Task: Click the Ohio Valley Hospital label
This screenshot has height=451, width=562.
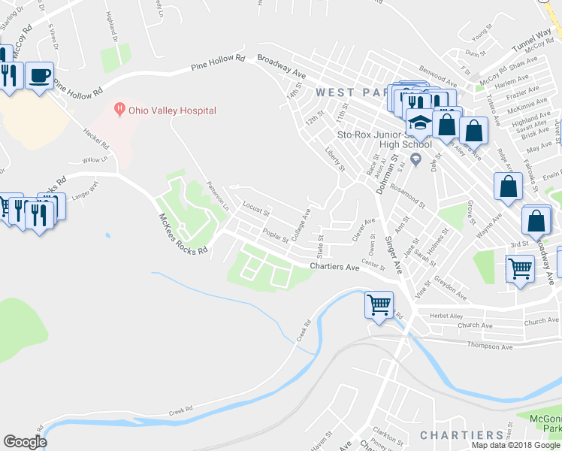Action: (172, 110)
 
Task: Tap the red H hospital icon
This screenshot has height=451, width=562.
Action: (119, 110)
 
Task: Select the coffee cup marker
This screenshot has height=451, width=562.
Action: (39, 76)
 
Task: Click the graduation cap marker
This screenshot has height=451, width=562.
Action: (419, 123)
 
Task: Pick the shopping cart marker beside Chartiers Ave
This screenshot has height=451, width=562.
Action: (379, 305)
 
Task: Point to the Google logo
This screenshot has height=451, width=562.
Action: (25, 442)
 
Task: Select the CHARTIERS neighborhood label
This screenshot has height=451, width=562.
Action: (461, 435)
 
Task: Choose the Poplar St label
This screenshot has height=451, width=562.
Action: (276, 236)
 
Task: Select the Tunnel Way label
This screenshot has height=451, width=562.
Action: (532, 38)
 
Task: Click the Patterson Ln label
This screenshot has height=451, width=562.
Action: (217, 195)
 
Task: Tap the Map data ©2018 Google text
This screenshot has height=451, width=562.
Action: (515, 445)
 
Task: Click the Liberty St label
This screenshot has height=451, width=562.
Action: (335, 161)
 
